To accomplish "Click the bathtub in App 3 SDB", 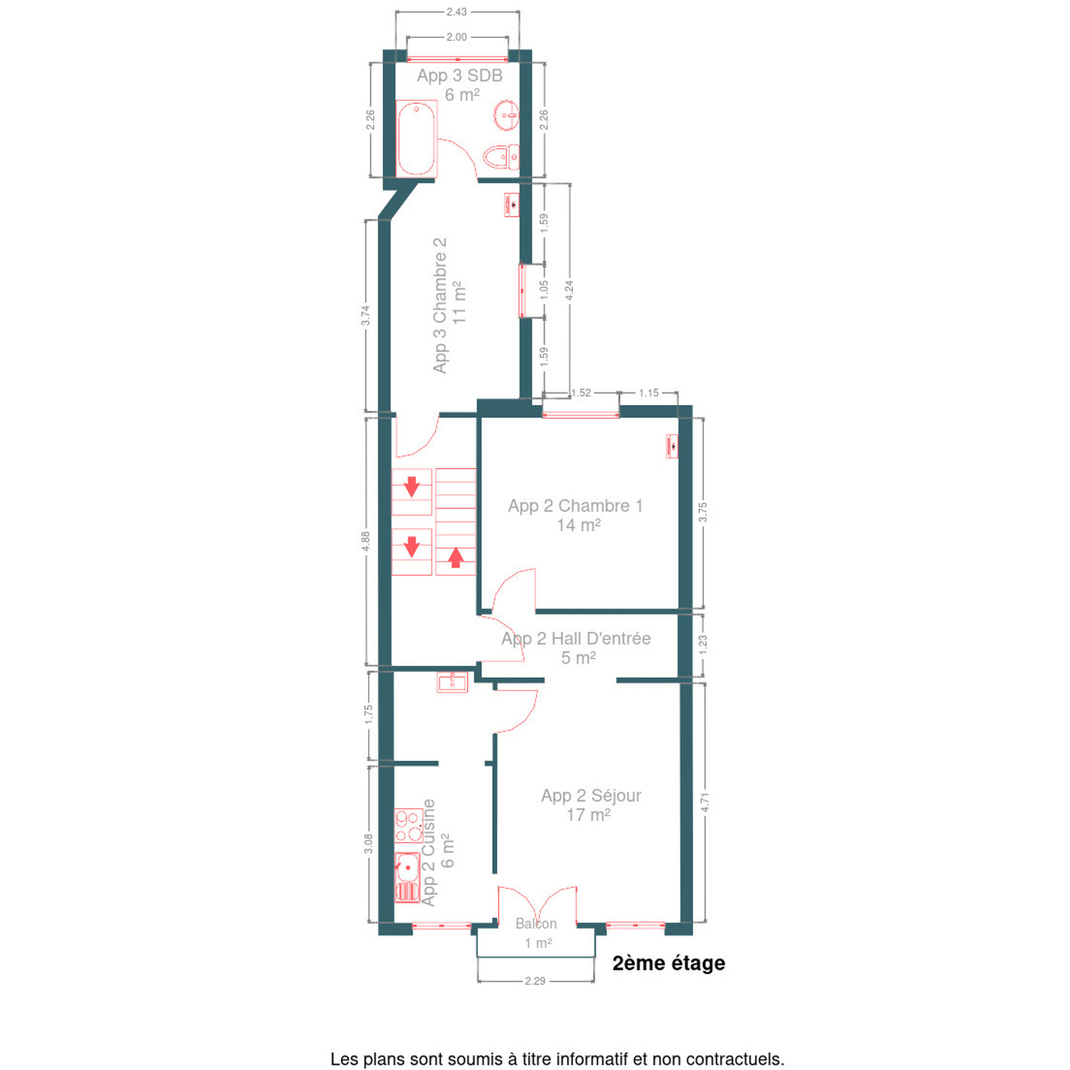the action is [x=416, y=139].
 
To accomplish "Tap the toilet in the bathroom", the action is [x=502, y=157].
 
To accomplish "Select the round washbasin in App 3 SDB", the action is [x=506, y=115].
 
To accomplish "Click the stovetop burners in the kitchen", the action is [x=408, y=826].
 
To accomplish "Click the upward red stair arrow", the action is [x=456, y=557].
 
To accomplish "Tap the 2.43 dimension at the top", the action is [x=456, y=12].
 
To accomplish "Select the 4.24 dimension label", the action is [x=568, y=291].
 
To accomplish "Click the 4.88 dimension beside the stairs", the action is [x=365, y=542].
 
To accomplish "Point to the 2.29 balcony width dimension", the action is [x=535, y=981].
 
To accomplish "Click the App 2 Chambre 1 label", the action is [x=575, y=506].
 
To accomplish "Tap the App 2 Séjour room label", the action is [x=591, y=796].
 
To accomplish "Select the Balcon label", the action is [x=536, y=924].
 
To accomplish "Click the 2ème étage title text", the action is [x=669, y=964].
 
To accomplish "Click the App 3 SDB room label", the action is [x=460, y=76].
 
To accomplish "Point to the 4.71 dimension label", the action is [x=704, y=802].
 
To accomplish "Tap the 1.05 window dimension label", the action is [x=544, y=290].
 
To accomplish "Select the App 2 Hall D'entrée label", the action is [x=576, y=638].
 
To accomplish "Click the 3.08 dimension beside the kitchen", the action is [x=368, y=844].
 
